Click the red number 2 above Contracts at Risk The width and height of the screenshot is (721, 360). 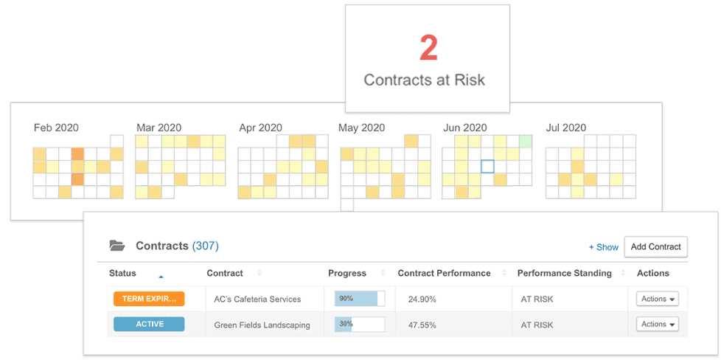pos(428,49)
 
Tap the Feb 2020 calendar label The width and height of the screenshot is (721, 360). pos(56,128)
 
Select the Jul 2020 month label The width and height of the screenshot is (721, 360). pos(566,128)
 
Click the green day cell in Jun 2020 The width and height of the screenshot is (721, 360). pos(526,141)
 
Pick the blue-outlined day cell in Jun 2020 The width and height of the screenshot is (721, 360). pos(487,167)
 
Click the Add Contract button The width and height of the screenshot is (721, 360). pos(655,246)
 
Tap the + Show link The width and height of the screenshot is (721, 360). pos(603,247)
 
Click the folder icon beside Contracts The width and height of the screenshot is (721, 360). pos(116,246)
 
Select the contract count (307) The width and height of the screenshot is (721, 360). pos(206,246)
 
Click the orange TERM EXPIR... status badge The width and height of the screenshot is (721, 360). pos(149,299)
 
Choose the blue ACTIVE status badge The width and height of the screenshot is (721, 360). pos(149,324)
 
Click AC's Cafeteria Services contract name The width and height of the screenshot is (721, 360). pos(257,300)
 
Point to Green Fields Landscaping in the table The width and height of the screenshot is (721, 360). pos(262,325)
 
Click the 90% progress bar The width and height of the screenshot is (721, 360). pos(360,299)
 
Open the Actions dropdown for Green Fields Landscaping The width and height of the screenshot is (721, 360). pos(657,324)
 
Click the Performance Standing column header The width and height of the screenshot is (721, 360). pos(564,273)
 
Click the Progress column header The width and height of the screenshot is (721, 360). pos(347,273)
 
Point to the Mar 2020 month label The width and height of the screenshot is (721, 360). pos(159,128)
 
